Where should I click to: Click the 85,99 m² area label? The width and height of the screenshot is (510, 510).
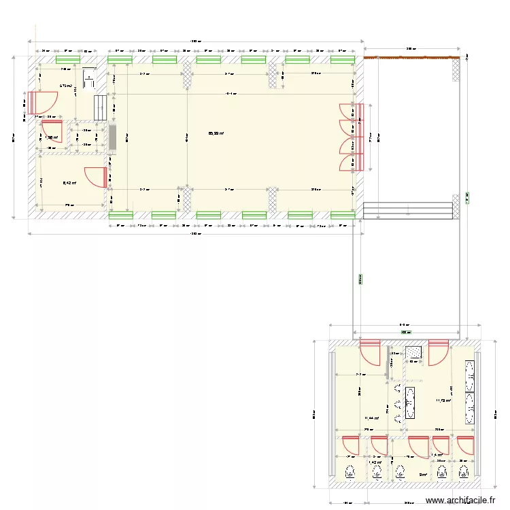[216, 133]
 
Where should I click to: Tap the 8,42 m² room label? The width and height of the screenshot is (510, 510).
[69, 182]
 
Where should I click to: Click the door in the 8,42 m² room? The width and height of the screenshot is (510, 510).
[95, 176]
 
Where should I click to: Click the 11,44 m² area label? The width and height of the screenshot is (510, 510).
[371, 419]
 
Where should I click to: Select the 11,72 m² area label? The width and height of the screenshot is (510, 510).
[443, 401]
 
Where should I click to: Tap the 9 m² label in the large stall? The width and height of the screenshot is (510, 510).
[422, 475]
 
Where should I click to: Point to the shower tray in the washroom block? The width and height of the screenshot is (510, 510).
[413, 352]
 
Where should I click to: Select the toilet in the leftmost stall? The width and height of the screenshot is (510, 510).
[351, 471]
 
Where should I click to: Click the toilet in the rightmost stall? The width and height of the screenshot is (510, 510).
[464, 471]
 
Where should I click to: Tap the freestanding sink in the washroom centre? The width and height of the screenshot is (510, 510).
[410, 401]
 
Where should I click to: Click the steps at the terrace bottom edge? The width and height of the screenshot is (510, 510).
[408, 210]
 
